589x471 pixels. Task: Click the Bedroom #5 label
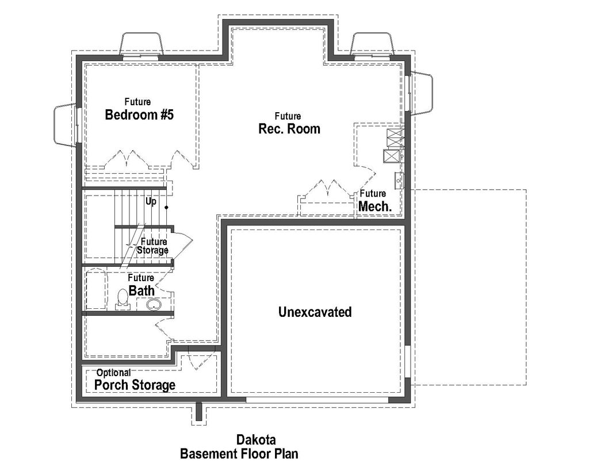[139, 115]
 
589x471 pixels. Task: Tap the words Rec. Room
[289, 129]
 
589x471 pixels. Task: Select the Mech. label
[375, 206]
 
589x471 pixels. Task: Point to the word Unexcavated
[315, 312]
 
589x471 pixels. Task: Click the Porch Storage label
[135, 385]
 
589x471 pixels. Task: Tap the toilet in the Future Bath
[122, 298]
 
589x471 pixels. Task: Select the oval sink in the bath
[153, 305]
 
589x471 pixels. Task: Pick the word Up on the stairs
[151, 201]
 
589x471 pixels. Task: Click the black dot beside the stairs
[167, 207]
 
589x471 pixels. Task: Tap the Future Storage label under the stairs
[154, 246]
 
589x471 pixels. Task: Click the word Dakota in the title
[254, 440]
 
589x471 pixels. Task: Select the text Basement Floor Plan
[239, 454]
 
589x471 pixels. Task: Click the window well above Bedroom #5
[141, 44]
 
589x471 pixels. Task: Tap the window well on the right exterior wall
[421, 93]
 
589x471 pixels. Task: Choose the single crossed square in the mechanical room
[392, 156]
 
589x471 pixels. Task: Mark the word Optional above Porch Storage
[113, 373]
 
